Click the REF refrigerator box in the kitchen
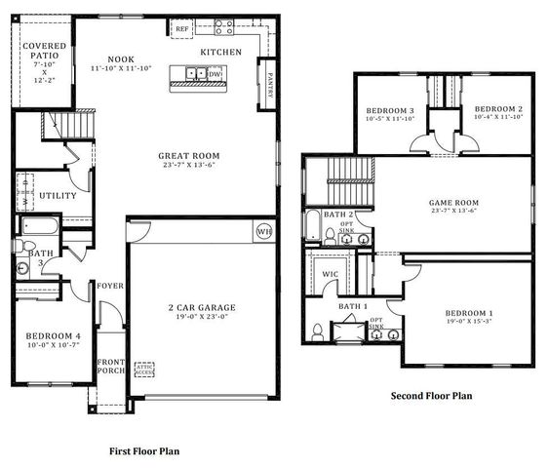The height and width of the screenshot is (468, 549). [x=182, y=30]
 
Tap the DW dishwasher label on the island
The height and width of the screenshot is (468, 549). [x=215, y=73]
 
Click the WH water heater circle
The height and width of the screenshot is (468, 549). [x=263, y=231]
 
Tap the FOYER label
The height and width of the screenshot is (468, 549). [x=109, y=286]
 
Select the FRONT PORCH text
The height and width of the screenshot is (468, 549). [x=109, y=369]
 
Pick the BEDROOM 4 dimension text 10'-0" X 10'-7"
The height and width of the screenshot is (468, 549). [x=53, y=345]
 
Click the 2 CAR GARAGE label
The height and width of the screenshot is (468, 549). [x=202, y=308]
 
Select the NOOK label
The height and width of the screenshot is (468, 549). [x=121, y=58]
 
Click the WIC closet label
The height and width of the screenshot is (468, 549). [x=331, y=274]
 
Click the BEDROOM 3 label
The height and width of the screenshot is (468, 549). [x=390, y=109]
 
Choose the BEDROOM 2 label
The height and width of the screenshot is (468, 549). [x=499, y=109]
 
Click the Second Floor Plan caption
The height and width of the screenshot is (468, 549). [x=431, y=396]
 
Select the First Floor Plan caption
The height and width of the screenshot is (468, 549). [x=143, y=451]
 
